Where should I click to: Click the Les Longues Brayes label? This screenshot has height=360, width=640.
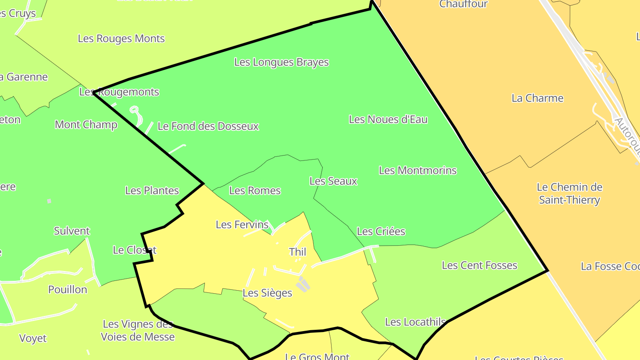point(281,62)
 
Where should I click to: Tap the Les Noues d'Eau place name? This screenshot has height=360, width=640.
point(388,120)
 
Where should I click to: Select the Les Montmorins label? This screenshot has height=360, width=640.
point(417,171)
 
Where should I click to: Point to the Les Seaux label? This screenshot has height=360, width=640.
point(333,181)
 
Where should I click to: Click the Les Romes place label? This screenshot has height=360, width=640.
point(255,191)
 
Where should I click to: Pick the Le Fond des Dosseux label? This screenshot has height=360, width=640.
point(208,127)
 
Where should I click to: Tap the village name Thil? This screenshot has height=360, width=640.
point(297,252)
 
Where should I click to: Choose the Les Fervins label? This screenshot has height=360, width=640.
point(242,225)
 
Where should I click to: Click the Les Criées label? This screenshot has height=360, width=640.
point(381,232)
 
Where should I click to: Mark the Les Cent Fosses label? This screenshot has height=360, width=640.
point(479,266)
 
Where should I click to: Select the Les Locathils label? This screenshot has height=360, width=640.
point(415,322)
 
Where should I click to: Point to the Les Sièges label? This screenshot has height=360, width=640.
point(267,293)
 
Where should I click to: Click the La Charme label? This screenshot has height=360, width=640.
point(537,98)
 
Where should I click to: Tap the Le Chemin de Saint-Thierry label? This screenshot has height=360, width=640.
point(569,193)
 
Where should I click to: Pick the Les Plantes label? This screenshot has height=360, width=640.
point(152,191)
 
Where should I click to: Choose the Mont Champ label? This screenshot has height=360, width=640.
point(86,124)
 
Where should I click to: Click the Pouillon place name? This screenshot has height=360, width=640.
point(68,290)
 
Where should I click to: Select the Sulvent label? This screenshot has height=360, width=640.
point(72,231)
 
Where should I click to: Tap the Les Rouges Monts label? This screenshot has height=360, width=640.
point(121,39)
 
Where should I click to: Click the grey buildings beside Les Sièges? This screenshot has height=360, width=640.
point(302,284)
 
